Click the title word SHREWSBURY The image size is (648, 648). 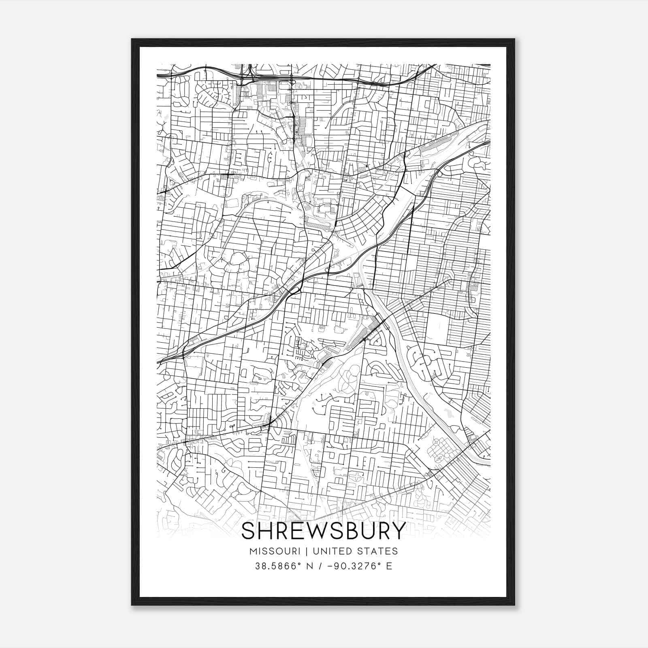[323, 531]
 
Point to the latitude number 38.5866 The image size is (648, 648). [273, 566]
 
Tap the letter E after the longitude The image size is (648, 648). [389, 566]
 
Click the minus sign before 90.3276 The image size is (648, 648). [333, 566]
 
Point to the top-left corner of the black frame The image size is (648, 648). [132, 40]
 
